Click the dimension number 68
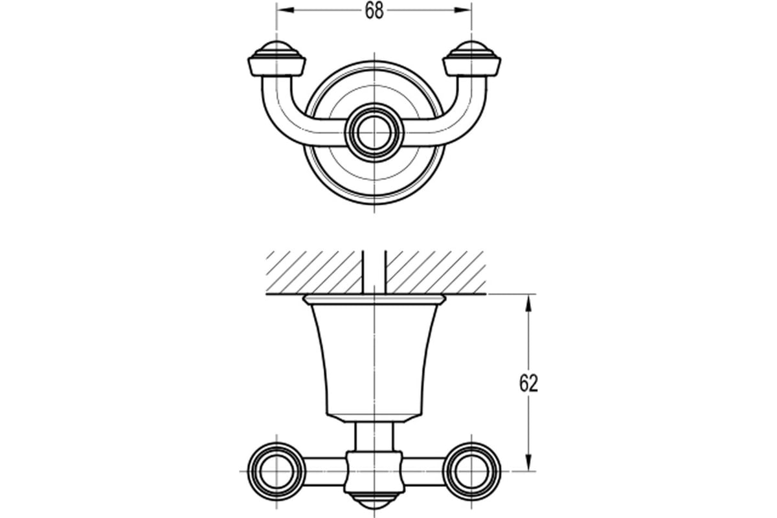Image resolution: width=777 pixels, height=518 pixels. [374, 11]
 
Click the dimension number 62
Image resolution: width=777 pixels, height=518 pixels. [528, 384]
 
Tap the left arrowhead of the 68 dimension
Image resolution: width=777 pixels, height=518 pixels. [285, 10]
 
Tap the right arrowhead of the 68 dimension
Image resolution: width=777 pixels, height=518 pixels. [463, 10]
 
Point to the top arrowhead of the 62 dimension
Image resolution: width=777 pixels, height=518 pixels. [528, 303]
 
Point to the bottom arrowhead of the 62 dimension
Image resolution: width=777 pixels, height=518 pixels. [528, 462]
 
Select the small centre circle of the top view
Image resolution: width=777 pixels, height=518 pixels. [374, 133]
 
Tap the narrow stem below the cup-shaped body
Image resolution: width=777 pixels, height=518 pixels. [374, 436]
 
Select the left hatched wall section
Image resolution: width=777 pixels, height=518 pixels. [314, 273]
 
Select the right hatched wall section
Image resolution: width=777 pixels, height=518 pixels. [435, 273]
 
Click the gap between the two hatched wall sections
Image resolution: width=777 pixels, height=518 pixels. [374, 273]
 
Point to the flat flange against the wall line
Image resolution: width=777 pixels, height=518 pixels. [374, 300]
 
